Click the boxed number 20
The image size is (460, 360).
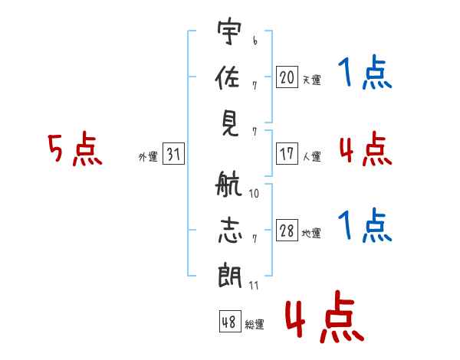pyautogui.click(x=287, y=77)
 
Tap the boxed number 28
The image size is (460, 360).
pyautogui.click(x=287, y=231)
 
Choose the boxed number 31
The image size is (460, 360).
pyautogui.click(x=173, y=154)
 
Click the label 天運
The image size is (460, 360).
pyautogui.click(x=311, y=80)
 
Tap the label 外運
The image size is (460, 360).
pyautogui.click(x=148, y=157)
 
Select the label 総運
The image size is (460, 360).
pyautogui.click(x=255, y=325)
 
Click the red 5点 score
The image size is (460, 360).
pyautogui.click(x=75, y=150)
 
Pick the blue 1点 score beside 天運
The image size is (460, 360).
pyautogui.click(x=365, y=74)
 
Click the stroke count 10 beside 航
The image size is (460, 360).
pyautogui.click(x=254, y=194)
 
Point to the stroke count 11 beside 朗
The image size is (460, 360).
pyautogui.click(x=254, y=286)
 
